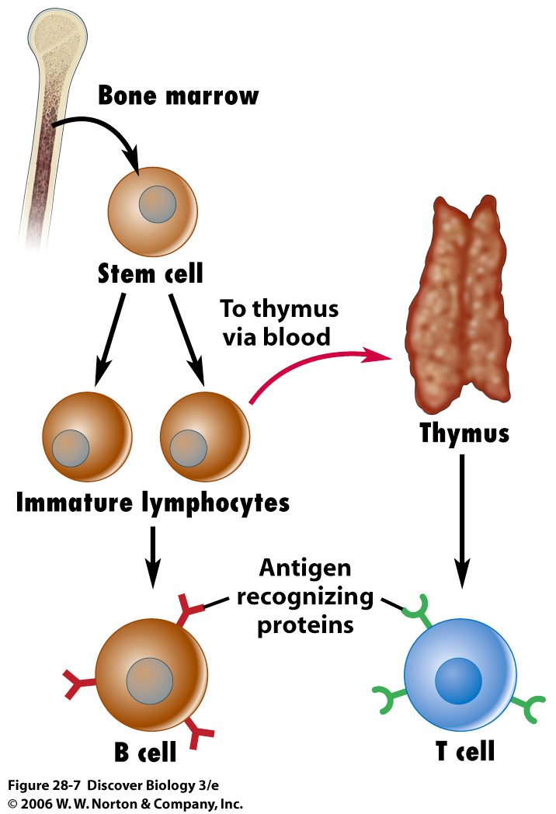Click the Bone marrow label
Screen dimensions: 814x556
178,96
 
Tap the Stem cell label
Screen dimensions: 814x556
151,273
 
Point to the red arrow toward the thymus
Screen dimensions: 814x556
318,364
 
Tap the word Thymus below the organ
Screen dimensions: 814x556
464,433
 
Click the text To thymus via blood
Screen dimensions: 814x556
280,322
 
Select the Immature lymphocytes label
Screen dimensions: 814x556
153,503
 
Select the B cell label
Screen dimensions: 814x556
145,752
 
